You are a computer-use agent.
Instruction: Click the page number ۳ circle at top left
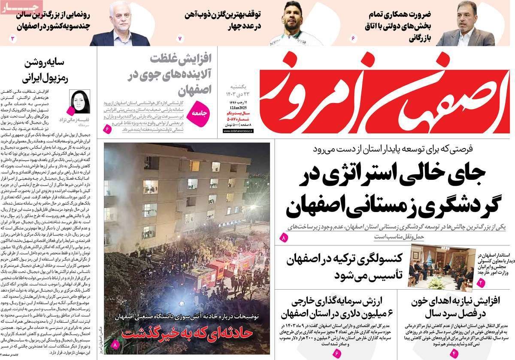[x=13, y=39]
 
